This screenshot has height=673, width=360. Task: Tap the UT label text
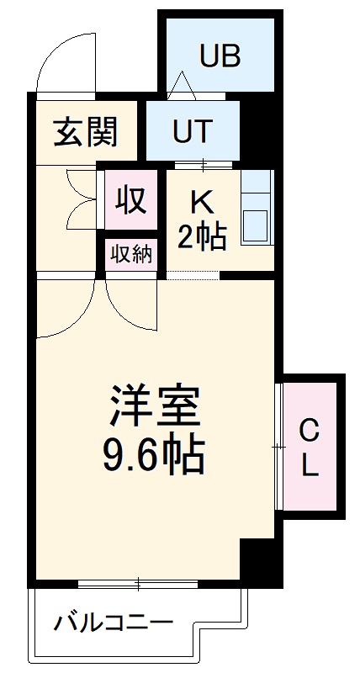pos(193,130)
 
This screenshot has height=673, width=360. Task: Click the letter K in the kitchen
pos(200,202)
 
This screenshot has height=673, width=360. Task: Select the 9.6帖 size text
pos(154,458)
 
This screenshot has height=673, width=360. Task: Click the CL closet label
pos(310,448)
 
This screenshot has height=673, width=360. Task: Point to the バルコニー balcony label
pos(114,623)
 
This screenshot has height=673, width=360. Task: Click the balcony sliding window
pos(138,582)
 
